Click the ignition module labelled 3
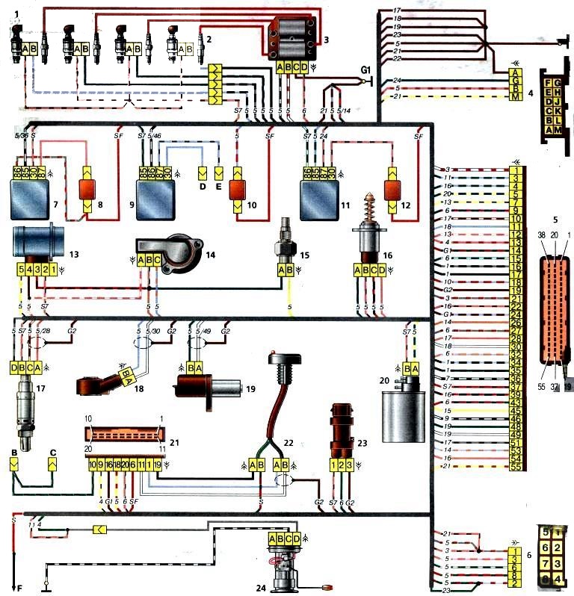point(294,37)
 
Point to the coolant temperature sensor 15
point(283,233)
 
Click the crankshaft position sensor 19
point(206,388)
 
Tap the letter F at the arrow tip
point(20,589)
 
